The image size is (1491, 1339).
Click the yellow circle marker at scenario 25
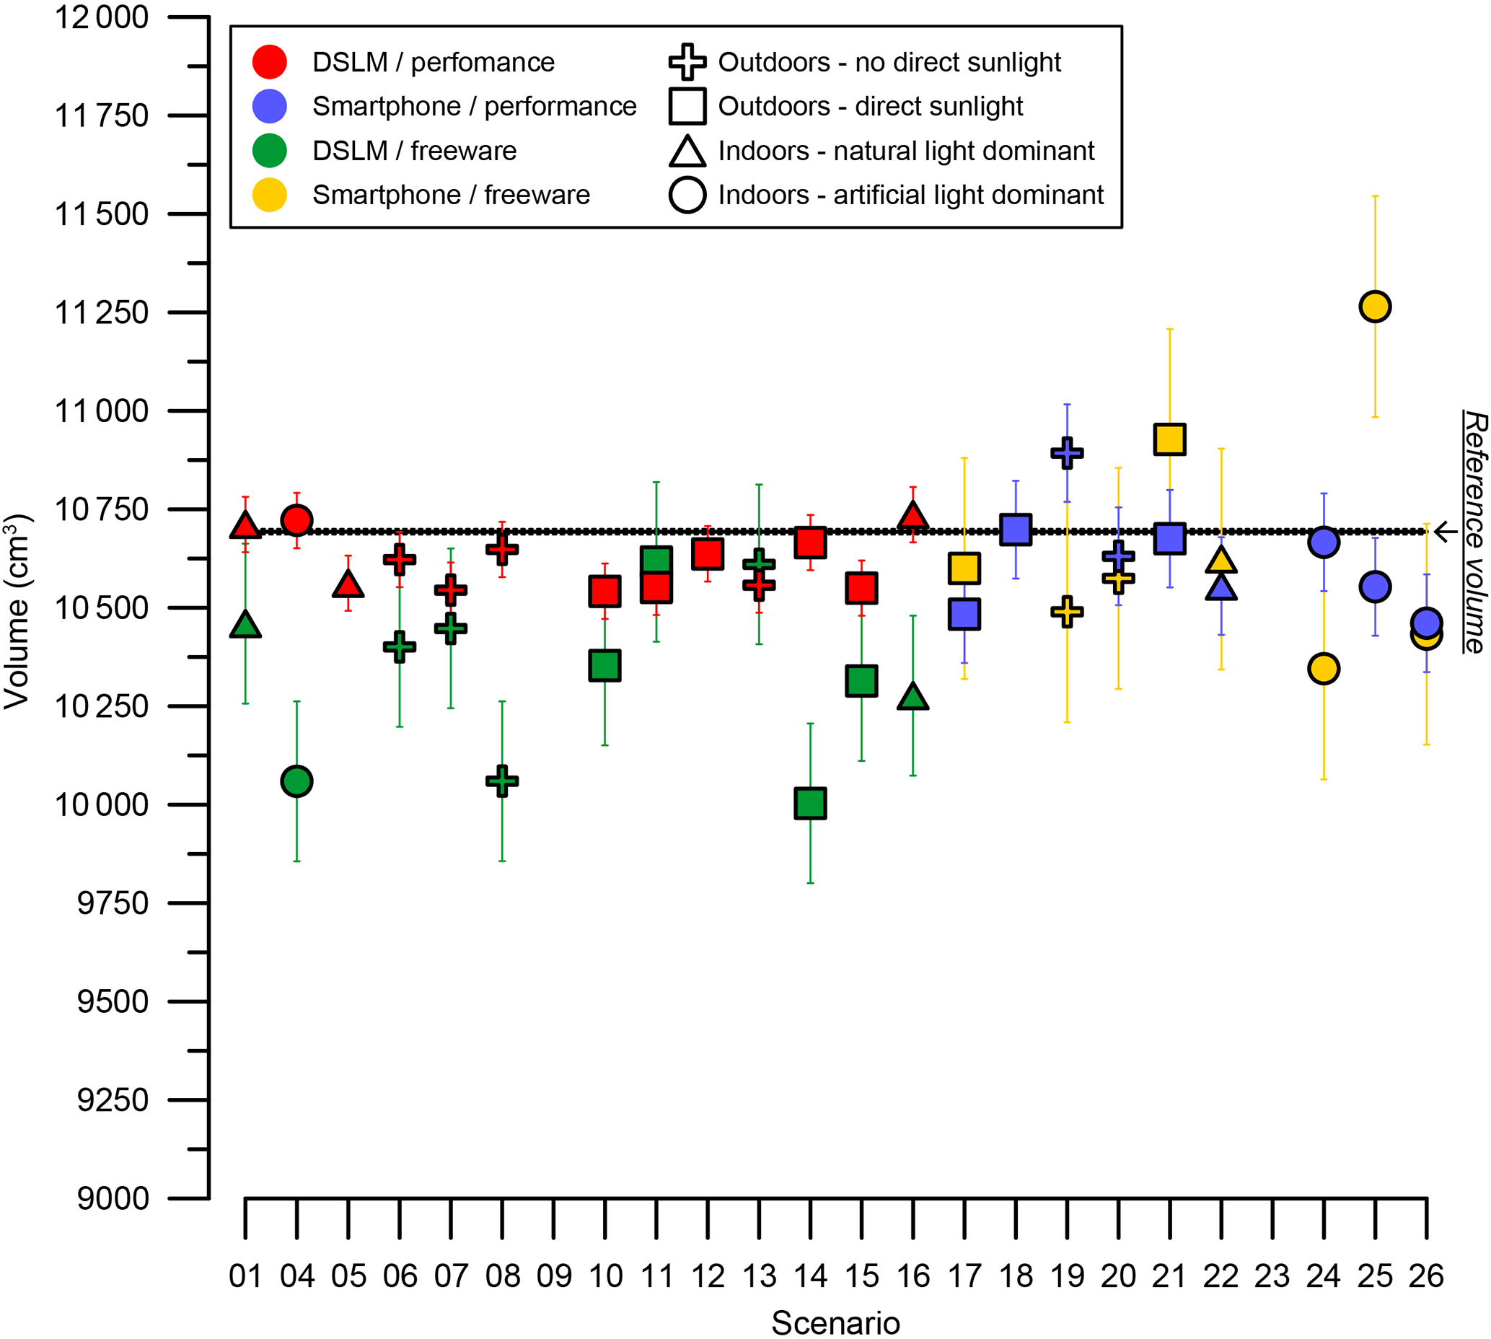point(1374,306)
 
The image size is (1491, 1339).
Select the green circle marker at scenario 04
point(296,781)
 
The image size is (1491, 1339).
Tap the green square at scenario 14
point(810,803)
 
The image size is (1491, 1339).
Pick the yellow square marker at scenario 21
point(1169,439)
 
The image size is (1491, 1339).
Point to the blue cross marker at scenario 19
point(1067,452)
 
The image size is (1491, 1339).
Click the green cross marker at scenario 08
point(501,781)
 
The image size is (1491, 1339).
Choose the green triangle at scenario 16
point(912,697)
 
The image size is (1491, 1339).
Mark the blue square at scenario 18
point(1015,529)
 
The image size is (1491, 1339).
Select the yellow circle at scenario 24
point(1324,669)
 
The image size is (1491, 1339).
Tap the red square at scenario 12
point(707,553)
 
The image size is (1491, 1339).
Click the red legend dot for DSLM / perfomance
point(269,62)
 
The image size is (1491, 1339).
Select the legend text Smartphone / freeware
point(451,195)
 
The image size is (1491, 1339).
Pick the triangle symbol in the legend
point(687,152)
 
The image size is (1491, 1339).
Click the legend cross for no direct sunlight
point(687,62)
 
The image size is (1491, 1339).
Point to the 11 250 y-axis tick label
point(102,312)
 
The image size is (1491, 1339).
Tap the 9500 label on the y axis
point(113,1001)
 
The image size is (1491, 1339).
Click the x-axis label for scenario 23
point(1272,1275)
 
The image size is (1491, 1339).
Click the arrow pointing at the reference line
point(1446,531)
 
